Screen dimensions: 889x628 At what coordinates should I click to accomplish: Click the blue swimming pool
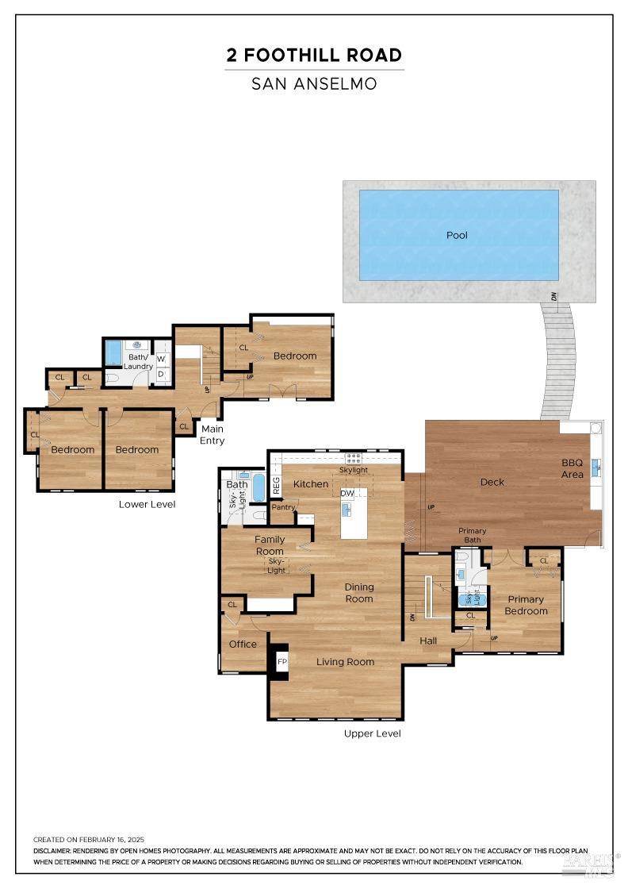pos(458,235)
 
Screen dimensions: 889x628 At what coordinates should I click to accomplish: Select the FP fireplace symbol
pos(281,660)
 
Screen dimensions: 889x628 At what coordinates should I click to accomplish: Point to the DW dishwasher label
pos(347,494)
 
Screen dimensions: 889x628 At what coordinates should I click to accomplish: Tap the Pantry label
pos(283,507)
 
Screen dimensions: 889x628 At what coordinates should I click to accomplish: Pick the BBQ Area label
pos(572,468)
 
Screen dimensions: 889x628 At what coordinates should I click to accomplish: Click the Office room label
pos(243,644)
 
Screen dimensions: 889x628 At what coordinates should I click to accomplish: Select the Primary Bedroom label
pos(526,605)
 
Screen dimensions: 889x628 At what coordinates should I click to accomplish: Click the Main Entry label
pos(212,435)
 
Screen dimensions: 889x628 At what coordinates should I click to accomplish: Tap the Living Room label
pos(345,661)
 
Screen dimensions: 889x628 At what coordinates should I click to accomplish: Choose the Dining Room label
pos(358,593)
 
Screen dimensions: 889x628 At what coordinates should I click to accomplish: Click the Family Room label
pos(269,545)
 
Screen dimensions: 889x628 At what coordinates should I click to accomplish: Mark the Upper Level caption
pos(372,733)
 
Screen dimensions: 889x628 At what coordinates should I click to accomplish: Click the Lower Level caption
pos(147,504)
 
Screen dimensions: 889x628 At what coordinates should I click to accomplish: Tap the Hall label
pos(428,640)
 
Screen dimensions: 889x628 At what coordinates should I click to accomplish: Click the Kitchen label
pos(310,483)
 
